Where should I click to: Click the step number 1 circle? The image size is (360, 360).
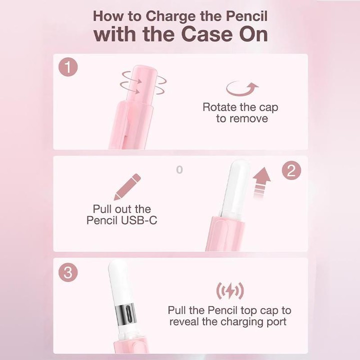tap(68, 67)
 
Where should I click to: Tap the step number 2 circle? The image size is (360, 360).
tap(291, 170)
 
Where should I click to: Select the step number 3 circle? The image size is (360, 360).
tap(68, 272)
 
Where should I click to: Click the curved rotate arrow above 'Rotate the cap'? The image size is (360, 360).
tap(242, 89)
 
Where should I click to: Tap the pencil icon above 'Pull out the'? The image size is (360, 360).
tap(127, 186)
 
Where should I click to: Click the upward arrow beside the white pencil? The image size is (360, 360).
tap(261, 182)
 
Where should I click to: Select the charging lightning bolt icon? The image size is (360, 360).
tap(230, 291)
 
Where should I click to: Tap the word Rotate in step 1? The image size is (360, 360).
tap(219, 107)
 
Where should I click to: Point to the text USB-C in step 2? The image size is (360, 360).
tap(139, 220)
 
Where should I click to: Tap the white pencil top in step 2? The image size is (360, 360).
tap(236, 188)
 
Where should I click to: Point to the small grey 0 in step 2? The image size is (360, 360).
tap(179, 170)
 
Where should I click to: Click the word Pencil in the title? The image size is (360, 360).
tap(247, 16)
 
